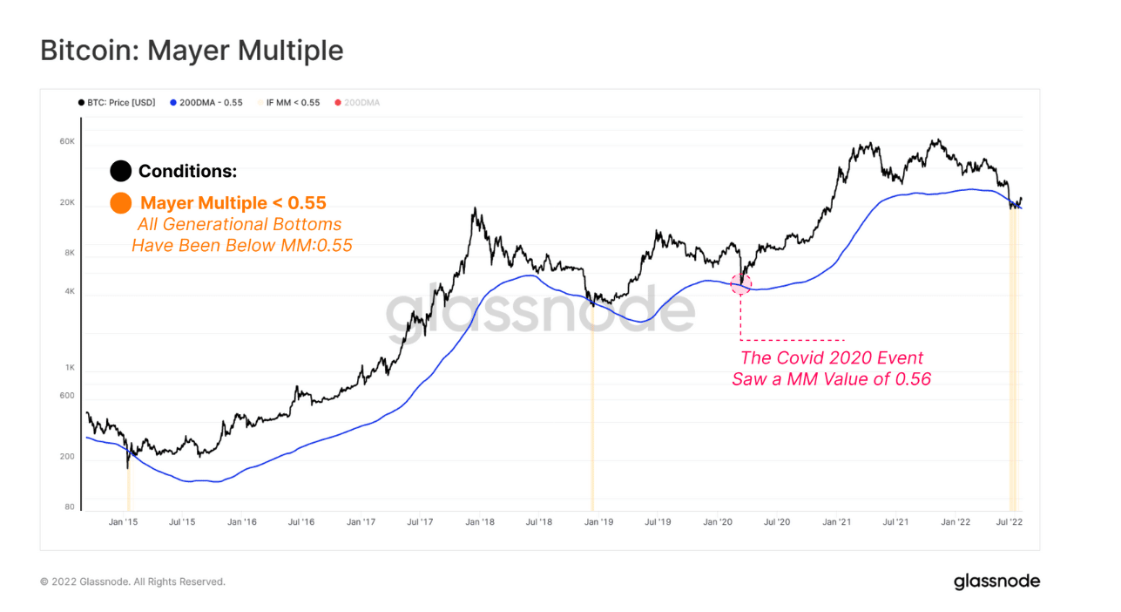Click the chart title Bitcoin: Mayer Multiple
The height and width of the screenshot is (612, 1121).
pyautogui.click(x=192, y=51)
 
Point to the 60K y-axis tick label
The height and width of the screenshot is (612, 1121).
pyautogui.click(x=67, y=141)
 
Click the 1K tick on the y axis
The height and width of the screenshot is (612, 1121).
pyautogui.click(x=69, y=368)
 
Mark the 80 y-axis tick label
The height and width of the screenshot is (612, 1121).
pyautogui.click(x=69, y=507)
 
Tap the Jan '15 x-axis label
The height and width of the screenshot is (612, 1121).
pyautogui.click(x=123, y=522)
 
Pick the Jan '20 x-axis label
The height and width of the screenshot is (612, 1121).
pyautogui.click(x=717, y=522)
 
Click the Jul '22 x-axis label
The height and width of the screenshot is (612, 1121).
pyautogui.click(x=1009, y=522)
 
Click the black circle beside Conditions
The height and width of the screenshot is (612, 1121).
pyautogui.click(x=121, y=171)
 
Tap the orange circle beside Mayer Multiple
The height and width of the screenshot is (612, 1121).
pyautogui.click(x=121, y=203)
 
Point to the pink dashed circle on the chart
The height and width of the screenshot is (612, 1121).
pyautogui.click(x=740, y=283)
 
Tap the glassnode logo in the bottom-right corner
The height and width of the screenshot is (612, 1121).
pyautogui.click(x=996, y=581)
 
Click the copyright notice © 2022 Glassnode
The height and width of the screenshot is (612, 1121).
pyautogui.click(x=132, y=581)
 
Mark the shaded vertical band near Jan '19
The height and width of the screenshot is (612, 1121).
pyautogui.click(x=592, y=410)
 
